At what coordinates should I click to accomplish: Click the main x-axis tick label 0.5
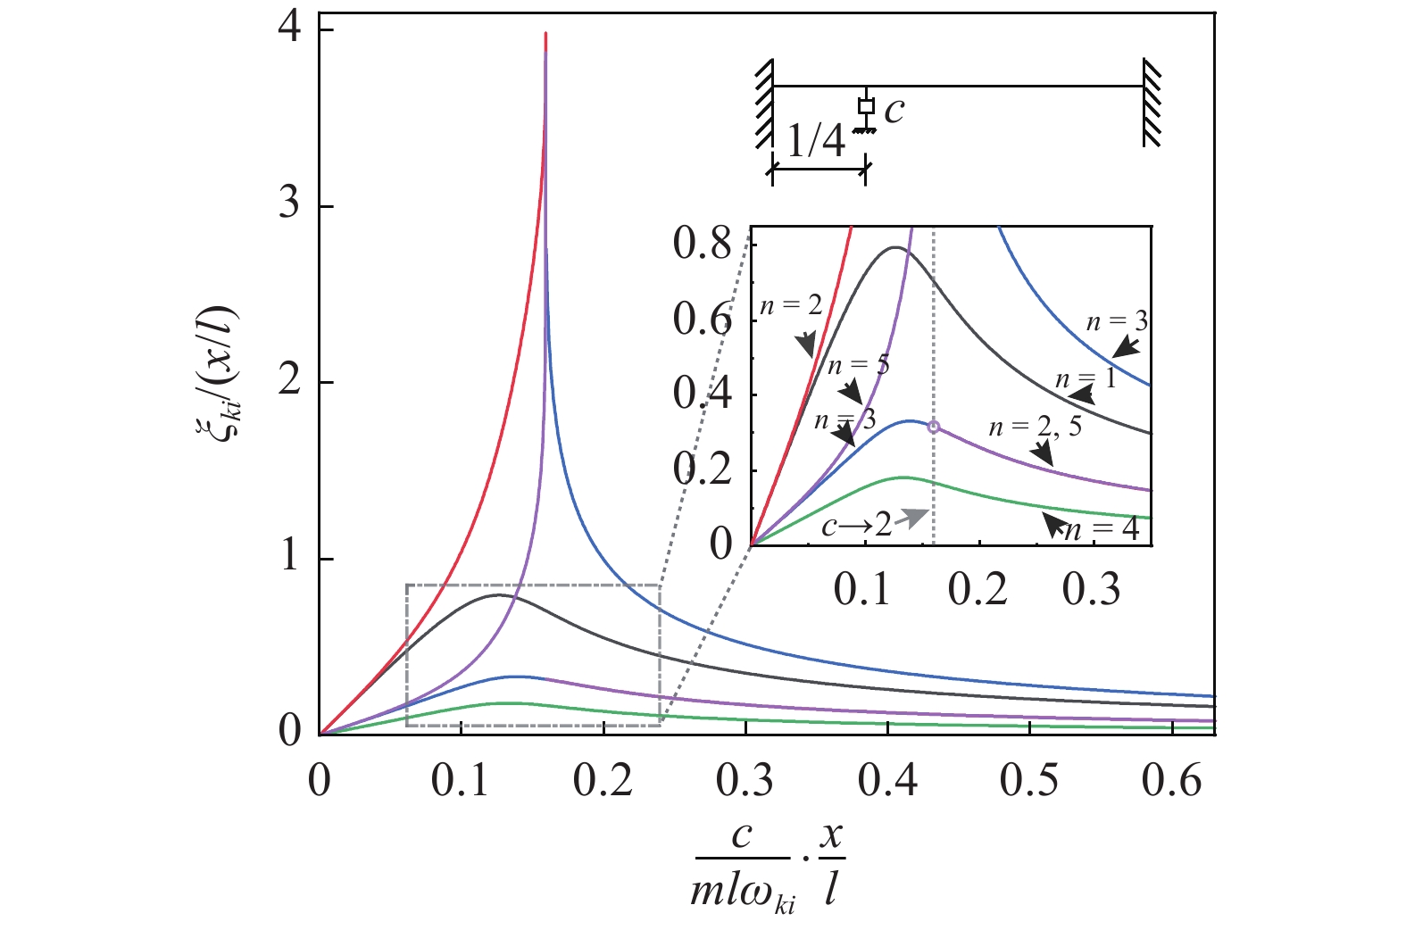pos(1028,781)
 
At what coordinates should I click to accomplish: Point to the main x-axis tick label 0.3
pos(745,781)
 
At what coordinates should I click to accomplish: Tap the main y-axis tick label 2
pos(289,382)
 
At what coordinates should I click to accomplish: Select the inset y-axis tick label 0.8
pos(702,243)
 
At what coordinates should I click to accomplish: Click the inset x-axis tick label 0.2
pos(978,590)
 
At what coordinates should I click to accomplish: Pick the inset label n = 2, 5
pos(1035,427)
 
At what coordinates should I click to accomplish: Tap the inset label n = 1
pos(1085,379)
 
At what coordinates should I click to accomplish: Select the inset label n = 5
pos(858,365)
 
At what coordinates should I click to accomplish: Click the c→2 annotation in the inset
pos(856,526)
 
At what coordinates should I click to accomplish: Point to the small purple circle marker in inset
pos(934,428)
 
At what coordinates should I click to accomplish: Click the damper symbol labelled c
pos(865,108)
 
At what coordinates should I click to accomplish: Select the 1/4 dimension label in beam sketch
pos(816,141)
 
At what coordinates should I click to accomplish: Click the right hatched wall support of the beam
pos(1151,102)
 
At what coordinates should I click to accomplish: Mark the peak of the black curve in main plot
pos(497,594)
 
